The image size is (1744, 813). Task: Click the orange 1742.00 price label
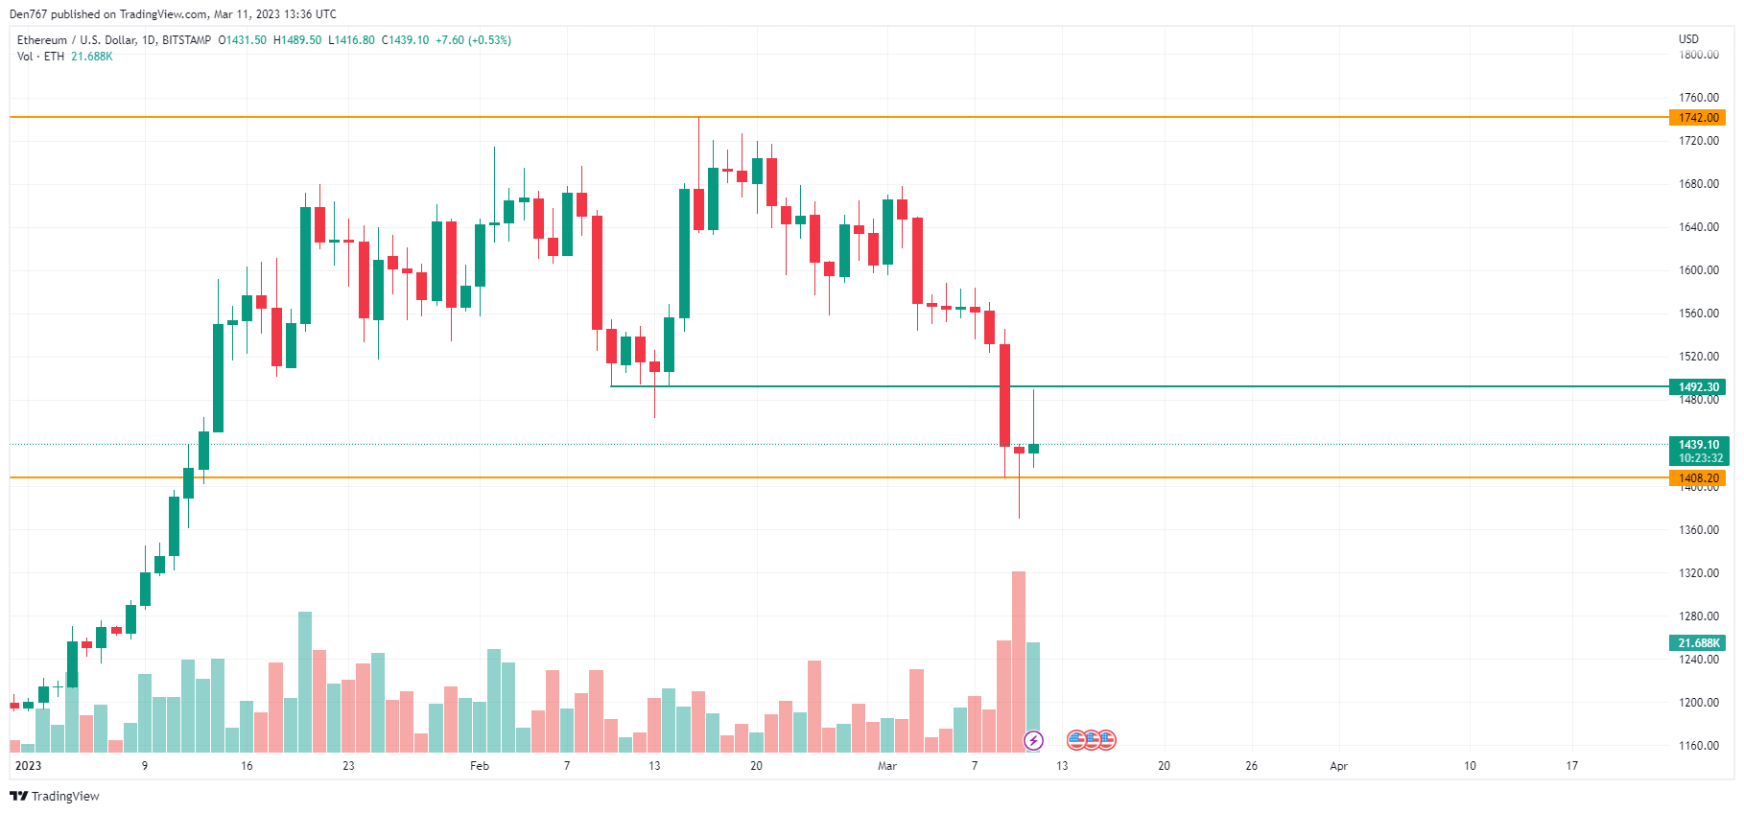click(x=1697, y=118)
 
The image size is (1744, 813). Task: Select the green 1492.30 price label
click(x=1697, y=387)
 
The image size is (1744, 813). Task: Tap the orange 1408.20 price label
click(x=1697, y=477)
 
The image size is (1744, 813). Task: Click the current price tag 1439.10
click(x=1697, y=445)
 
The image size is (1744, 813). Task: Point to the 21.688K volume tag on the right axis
click(x=1697, y=643)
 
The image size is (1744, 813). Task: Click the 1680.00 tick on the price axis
click(x=1698, y=184)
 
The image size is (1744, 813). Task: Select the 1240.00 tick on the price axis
click(x=1698, y=660)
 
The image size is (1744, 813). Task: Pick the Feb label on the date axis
click(x=480, y=766)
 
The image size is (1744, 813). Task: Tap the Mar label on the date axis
click(x=887, y=766)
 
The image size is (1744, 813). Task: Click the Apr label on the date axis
click(x=1338, y=766)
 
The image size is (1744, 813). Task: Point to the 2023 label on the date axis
click(x=29, y=766)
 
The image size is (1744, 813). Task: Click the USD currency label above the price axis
click(x=1688, y=39)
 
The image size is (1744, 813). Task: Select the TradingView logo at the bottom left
click(x=55, y=797)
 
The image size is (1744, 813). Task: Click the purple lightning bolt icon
click(x=1033, y=740)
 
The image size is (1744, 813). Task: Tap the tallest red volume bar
click(x=1019, y=662)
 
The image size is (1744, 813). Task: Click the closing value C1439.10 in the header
click(x=405, y=40)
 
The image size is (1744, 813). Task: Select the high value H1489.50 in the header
click(x=297, y=40)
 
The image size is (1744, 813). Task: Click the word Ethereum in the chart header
click(x=42, y=40)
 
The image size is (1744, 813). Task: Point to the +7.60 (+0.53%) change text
click(x=473, y=40)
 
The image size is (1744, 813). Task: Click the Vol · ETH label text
click(x=40, y=57)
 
